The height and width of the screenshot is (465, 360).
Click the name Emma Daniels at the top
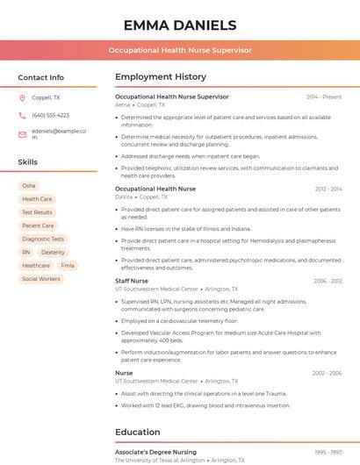tap(179, 25)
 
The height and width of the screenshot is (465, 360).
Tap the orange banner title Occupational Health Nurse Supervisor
tap(179, 50)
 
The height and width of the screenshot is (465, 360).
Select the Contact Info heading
tap(40, 77)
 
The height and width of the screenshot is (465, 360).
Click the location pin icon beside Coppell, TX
tap(22, 97)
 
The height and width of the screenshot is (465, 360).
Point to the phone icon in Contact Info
tap(22, 115)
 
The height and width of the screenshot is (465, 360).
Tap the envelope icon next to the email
tap(22, 134)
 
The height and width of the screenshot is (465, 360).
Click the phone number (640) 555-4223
tap(50, 115)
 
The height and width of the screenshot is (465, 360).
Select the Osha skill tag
tap(29, 186)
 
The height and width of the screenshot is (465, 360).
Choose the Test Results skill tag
tap(37, 212)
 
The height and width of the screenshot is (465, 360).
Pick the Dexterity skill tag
tap(53, 252)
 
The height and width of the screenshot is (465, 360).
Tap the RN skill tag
tap(26, 252)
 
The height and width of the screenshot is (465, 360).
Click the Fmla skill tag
tap(68, 265)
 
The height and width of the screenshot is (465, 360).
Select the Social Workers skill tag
tap(41, 279)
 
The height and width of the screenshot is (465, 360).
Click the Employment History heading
tap(160, 77)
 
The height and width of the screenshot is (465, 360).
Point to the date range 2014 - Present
tap(324, 97)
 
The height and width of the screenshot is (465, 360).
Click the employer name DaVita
tap(124, 197)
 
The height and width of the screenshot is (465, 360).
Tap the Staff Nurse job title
tap(132, 281)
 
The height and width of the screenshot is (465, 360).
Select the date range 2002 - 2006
tap(327, 373)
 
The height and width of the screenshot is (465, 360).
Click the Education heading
tap(137, 432)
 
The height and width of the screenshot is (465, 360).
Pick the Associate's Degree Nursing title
tap(155, 452)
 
